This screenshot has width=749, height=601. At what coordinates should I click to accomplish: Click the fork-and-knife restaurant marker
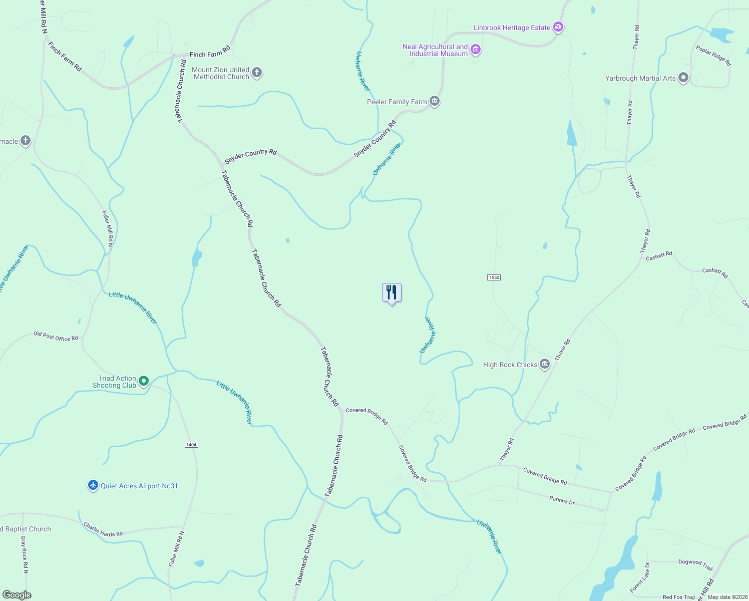click(x=392, y=292)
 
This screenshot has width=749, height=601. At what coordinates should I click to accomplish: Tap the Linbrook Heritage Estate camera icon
click(x=558, y=28)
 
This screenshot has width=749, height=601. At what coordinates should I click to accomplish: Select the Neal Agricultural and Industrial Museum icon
click(x=476, y=49)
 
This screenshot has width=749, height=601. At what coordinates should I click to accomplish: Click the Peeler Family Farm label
click(x=397, y=102)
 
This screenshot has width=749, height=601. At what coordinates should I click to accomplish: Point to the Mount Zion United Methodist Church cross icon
click(x=256, y=73)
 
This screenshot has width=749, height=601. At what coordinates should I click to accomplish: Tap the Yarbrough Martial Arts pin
click(x=683, y=78)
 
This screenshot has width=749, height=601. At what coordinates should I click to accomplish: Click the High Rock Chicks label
click(x=510, y=365)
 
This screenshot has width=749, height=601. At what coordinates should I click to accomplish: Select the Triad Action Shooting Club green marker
click(x=144, y=381)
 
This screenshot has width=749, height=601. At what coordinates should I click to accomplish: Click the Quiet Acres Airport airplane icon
click(x=93, y=485)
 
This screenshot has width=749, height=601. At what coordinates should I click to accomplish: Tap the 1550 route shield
click(x=494, y=277)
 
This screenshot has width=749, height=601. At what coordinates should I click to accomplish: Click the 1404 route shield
click(x=191, y=445)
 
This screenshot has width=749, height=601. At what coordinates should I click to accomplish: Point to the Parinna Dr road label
click(x=562, y=500)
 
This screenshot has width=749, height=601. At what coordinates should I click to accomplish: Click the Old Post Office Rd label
click(x=56, y=336)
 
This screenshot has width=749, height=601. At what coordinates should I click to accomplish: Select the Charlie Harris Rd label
click(x=103, y=530)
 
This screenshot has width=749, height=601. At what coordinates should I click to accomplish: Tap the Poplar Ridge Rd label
click(x=713, y=56)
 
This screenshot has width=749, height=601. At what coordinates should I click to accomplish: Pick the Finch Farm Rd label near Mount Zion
click(x=210, y=52)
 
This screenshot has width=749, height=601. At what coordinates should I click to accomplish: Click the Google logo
click(x=17, y=595)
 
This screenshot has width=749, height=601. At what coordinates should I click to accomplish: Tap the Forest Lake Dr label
click(x=640, y=577)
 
